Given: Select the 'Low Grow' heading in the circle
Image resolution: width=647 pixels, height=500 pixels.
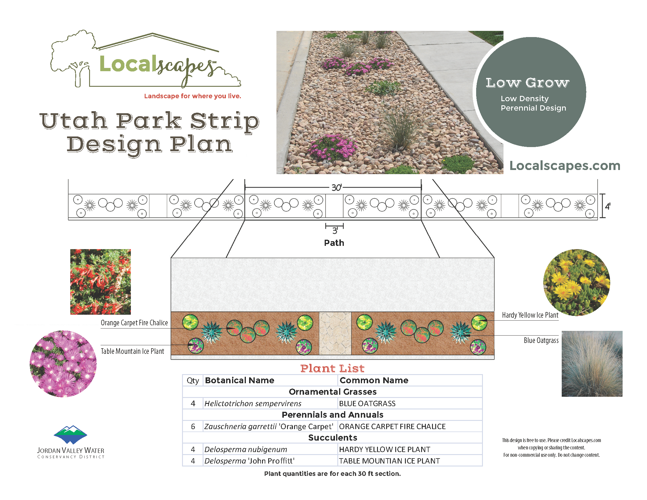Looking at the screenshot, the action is (527, 83).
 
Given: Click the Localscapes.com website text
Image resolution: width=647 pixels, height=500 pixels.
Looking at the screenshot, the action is (565, 166).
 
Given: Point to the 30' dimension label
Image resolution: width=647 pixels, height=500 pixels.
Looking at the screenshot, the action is (336, 188).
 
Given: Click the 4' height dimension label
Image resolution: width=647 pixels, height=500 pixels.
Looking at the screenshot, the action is (608, 206).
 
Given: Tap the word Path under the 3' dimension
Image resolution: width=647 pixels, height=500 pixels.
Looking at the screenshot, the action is (334, 243).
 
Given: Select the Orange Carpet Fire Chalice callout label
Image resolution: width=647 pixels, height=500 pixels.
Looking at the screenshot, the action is (134, 323).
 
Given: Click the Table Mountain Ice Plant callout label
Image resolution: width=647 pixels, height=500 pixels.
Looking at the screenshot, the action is (132, 351).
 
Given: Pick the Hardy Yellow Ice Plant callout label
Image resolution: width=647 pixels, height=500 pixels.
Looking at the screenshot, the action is (530, 315).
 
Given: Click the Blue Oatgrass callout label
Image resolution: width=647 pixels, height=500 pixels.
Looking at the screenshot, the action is (541, 340).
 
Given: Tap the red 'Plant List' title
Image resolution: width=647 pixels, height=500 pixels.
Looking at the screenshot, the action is (332, 368).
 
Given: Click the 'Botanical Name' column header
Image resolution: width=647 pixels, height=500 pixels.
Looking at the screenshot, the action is (239, 380).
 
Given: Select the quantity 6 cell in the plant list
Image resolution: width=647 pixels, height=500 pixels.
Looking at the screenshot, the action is (193, 426).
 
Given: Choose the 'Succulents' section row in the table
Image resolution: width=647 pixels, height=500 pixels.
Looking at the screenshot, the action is (332, 438).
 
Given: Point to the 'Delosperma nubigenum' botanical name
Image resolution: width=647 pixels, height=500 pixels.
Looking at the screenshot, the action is (246, 449).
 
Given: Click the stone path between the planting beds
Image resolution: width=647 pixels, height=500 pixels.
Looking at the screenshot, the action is (335, 333).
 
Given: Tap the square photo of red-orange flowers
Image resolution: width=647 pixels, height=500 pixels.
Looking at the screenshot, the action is (100, 282).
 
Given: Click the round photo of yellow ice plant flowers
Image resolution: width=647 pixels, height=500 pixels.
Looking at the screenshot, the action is (576, 283).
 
